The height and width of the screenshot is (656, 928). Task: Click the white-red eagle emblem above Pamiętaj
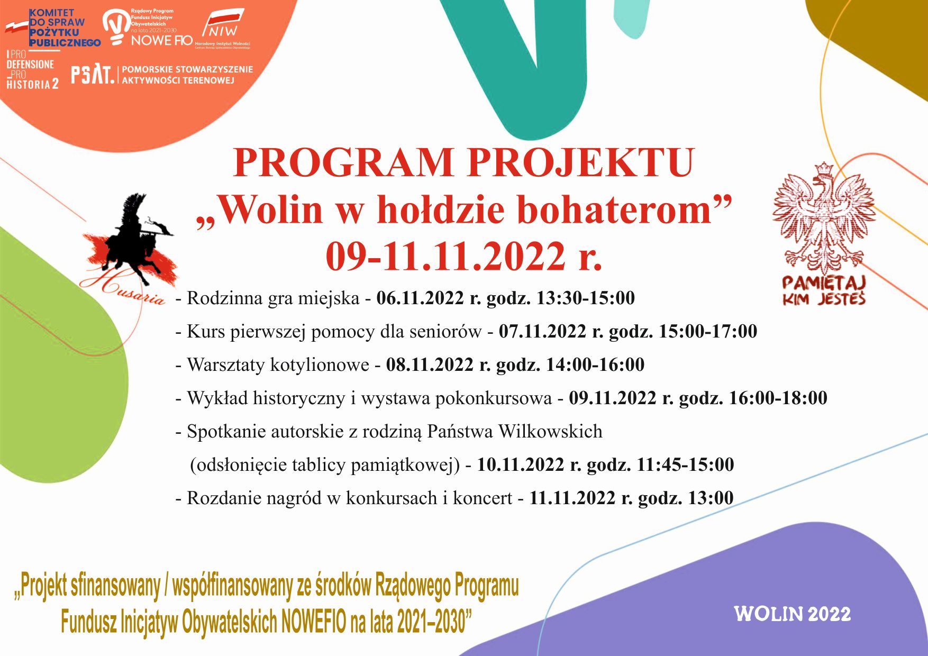pos(823,217)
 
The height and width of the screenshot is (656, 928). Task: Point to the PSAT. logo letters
pos(93,75)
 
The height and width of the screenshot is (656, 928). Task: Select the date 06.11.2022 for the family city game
pos(420,298)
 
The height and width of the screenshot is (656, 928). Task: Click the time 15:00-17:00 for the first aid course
pos(708,331)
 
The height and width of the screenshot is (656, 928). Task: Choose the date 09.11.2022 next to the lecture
pos(612,398)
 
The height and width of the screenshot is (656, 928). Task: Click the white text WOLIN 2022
pos(792,614)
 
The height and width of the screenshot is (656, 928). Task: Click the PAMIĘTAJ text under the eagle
pos(823,283)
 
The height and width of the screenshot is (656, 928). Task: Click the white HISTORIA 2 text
pos(32,84)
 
